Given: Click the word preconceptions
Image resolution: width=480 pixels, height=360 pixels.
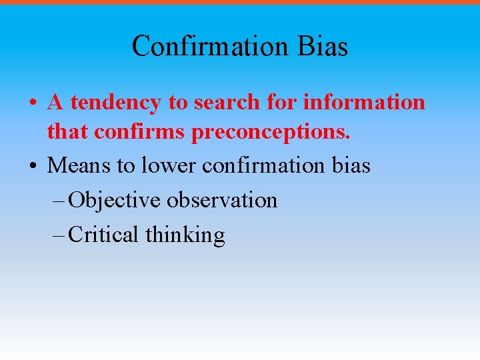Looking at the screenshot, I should click(x=271, y=133).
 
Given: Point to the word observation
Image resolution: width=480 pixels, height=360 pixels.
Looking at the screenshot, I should click(x=222, y=199).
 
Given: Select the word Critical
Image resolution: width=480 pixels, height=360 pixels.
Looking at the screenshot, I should click(x=103, y=234).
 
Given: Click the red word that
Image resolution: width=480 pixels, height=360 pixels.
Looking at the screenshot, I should click(x=68, y=132).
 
